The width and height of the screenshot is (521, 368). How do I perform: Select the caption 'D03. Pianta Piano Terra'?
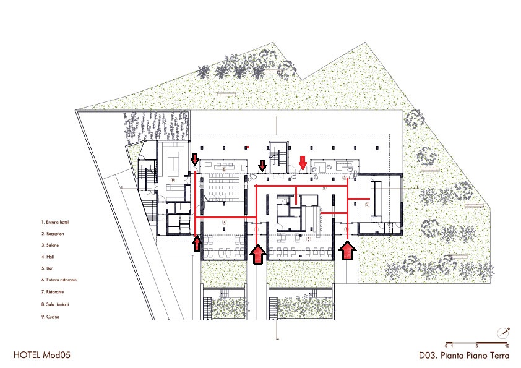tap(463, 356)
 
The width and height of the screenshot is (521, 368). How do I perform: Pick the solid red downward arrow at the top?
tap(303, 163)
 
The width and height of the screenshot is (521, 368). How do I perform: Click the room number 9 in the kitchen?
tap(174, 181)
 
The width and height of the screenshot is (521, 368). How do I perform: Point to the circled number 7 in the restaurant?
tap(225, 221)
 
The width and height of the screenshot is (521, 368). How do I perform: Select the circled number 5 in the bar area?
tap(308, 237)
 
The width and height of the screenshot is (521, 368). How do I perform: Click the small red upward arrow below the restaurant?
tap(196, 243)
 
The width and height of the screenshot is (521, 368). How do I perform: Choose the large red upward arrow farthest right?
tap(348, 250)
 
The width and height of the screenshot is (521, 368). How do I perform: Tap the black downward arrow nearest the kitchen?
tap(195, 159)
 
